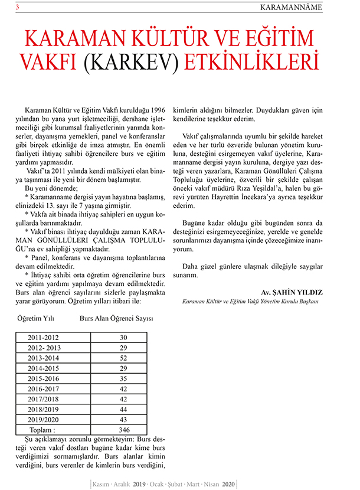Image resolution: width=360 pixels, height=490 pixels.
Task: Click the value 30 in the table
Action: pos(123,337)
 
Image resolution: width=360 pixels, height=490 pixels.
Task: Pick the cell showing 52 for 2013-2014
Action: pos(123,358)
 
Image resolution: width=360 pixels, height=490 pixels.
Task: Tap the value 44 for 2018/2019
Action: pos(123,409)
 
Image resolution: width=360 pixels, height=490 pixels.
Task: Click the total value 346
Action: pos(123,429)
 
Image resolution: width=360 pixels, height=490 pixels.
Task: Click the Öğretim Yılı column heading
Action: pos(37,319)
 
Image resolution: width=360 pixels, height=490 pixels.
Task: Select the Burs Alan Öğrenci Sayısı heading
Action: pos(116,319)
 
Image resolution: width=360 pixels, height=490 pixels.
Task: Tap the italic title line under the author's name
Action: pos(251,302)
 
